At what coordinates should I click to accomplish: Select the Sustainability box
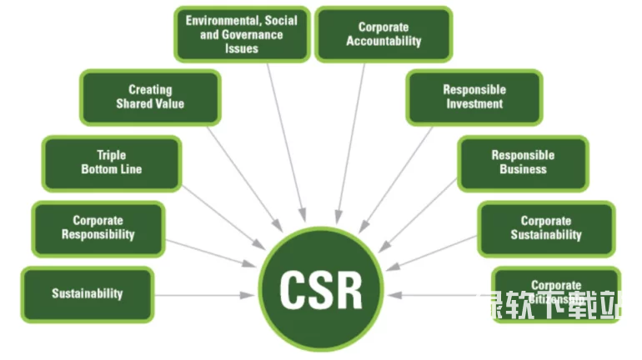[x=87, y=293]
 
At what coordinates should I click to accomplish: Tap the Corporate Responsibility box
[x=98, y=228]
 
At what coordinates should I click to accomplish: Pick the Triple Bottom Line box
[x=111, y=162]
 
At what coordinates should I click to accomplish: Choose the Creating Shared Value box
[x=150, y=97]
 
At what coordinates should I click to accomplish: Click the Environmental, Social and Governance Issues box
[x=241, y=33]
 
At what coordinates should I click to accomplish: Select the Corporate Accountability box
[x=384, y=33]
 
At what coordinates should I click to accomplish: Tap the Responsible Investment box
[x=474, y=97]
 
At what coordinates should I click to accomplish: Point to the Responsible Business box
[x=523, y=162]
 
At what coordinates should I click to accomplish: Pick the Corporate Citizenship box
[x=555, y=292]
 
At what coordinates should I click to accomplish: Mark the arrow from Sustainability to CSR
[x=204, y=295]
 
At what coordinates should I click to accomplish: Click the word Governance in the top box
[x=255, y=34]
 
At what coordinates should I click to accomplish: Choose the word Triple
[x=111, y=155]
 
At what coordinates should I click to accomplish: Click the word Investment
[x=474, y=104]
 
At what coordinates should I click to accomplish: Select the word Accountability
[x=384, y=41]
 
